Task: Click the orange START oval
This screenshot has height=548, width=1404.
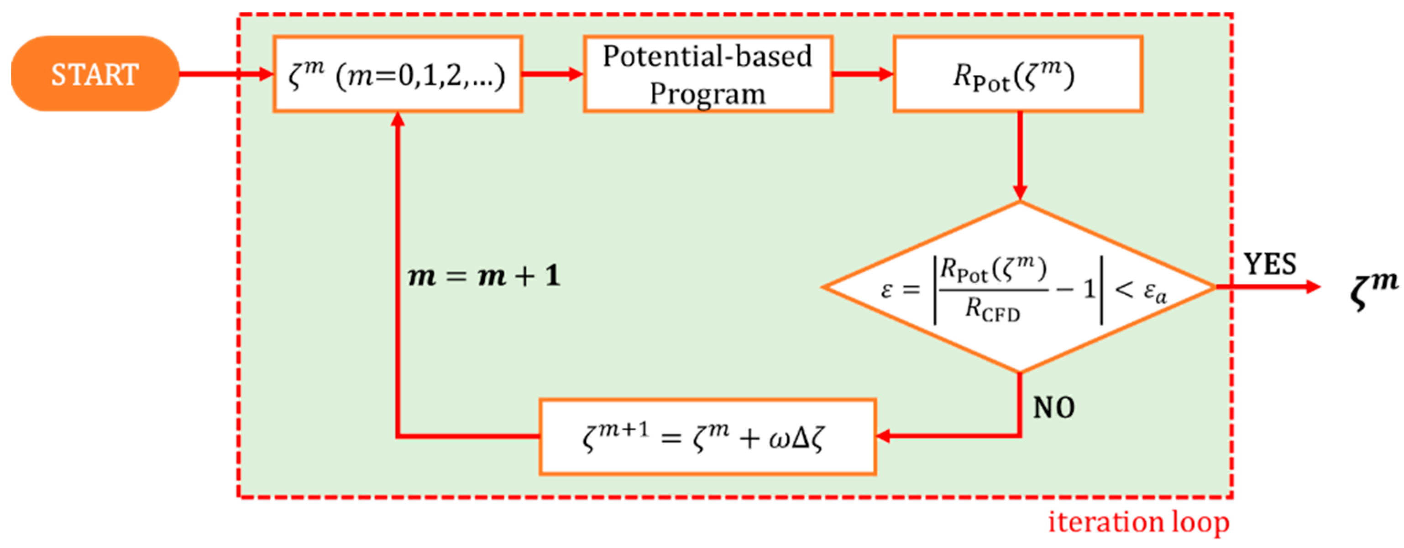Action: [95, 74]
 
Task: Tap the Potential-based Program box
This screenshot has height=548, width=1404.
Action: [707, 75]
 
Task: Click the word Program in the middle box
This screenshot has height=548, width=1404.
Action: [707, 94]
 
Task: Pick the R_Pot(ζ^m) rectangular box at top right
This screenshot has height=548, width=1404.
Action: [1017, 75]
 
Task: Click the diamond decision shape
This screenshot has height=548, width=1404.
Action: [1018, 349]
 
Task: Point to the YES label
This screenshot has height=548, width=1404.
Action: [1269, 265]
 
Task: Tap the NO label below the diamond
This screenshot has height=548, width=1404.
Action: [1053, 408]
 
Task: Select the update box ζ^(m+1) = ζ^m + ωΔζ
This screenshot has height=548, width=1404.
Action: [707, 437]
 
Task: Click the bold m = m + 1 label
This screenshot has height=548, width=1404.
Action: [484, 276]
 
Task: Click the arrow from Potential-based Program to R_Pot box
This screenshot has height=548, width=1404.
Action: [863, 74]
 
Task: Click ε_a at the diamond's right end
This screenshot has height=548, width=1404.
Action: [1154, 292]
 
